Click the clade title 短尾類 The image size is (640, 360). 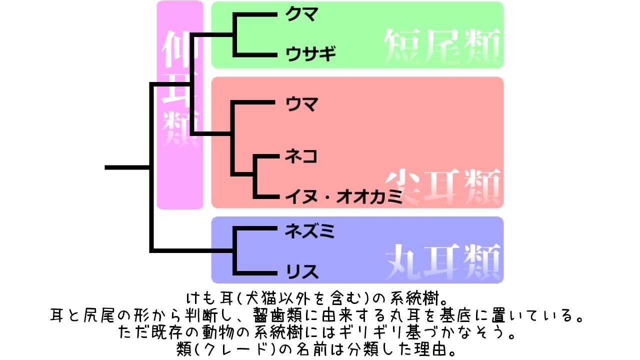442,44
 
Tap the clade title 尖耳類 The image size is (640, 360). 442,184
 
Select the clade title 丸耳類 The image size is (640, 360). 442,258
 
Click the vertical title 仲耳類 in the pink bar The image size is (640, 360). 180,90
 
